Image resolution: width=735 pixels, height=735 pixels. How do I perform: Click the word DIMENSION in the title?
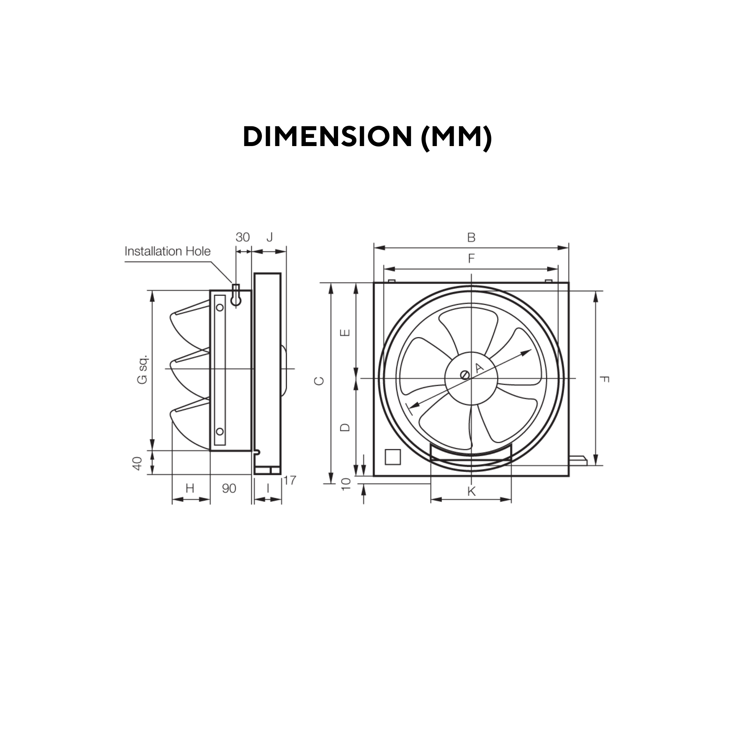(x=328, y=137)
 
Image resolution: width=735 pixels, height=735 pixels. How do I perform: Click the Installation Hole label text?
(x=167, y=252)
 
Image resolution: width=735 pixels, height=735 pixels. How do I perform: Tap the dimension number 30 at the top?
(x=242, y=237)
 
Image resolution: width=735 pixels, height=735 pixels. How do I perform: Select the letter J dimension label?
(x=270, y=237)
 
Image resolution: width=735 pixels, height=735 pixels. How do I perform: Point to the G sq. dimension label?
(x=142, y=369)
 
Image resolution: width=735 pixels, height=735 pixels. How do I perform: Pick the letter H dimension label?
(x=190, y=488)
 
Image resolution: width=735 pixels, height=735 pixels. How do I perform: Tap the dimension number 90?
(x=229, y=488)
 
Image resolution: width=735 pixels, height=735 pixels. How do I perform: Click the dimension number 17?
(x=289, y=481)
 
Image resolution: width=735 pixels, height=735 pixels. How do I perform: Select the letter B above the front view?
(x=471, y=237)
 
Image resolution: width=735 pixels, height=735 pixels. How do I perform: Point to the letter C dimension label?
(x=319, y=381)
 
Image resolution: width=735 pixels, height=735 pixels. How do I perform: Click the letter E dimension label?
(x=345, y=333)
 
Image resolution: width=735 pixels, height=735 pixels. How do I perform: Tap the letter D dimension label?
(x=345, y=427)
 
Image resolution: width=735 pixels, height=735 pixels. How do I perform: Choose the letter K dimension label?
(x=471, y=492)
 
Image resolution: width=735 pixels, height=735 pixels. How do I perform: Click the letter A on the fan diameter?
(x=479, y=367)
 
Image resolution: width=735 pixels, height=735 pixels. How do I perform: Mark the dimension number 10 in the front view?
(x=346, y=484)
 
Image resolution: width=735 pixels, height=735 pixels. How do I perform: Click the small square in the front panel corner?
(x=393, y=457)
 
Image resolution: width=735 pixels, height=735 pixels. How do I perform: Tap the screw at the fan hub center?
(x=464, y=375)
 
